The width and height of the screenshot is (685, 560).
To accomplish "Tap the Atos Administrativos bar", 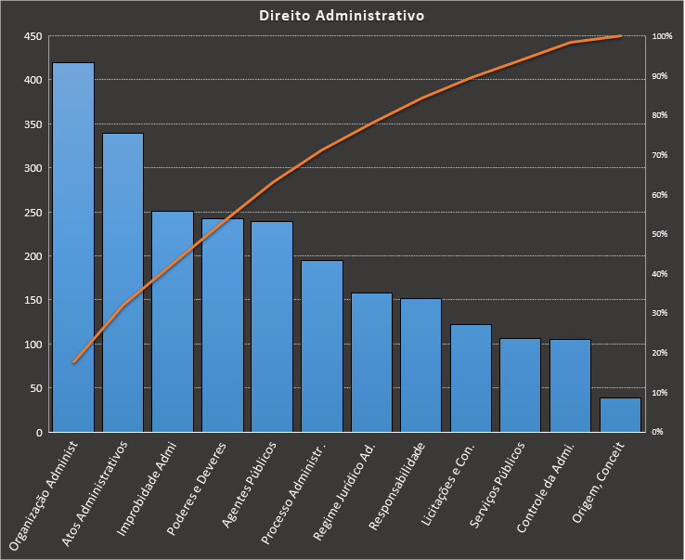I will pos(123,283).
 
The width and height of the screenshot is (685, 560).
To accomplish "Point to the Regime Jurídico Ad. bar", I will pos(371,363).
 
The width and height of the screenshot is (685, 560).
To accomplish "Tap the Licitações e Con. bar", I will pos(471,379).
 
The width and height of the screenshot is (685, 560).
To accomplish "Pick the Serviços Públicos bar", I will pos(521,385).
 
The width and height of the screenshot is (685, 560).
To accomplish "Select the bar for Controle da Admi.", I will pos(570,386).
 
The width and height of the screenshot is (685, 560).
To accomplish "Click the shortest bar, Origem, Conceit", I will pos(620,415).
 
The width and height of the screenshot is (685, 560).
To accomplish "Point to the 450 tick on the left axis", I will pos(33,36).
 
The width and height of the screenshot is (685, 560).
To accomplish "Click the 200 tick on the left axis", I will pos(33,256).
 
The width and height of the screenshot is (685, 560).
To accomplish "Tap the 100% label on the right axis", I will pos(662,36).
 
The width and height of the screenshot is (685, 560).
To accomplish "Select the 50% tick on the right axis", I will pos(661,234).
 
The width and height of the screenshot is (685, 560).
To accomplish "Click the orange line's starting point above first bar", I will pos(73,362).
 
